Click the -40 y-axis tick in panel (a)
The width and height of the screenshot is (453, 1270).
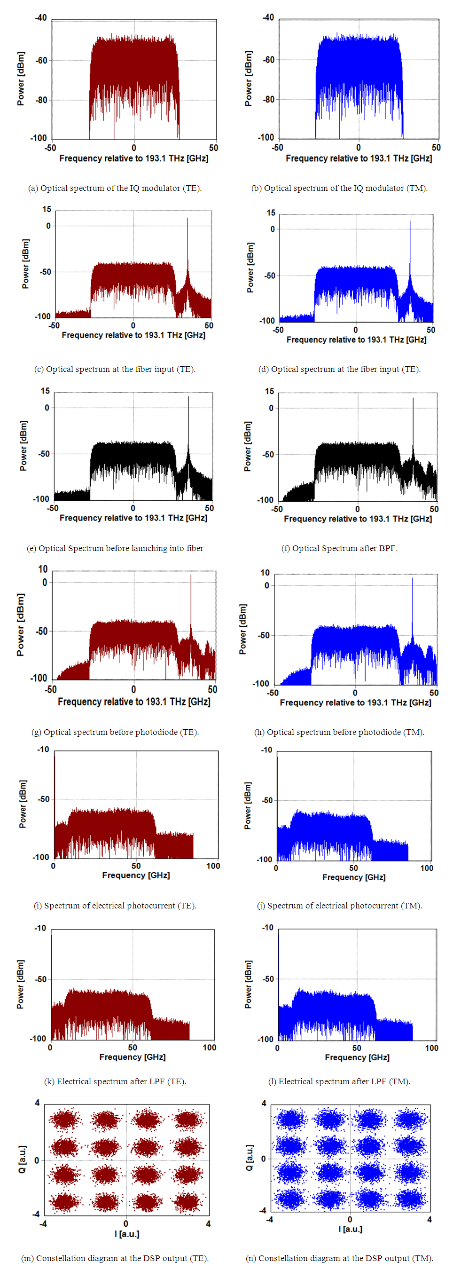coord(40,18)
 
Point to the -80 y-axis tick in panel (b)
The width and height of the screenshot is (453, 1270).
coord(269,100)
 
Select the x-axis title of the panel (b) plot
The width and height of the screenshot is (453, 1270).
coord(359,158)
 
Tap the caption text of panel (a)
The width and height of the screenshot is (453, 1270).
coord(115,188)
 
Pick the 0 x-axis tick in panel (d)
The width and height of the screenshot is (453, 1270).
coord(355,330)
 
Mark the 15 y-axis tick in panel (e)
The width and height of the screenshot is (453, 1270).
coord(46,391)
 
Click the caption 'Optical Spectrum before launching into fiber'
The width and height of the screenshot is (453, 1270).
coord(115,548)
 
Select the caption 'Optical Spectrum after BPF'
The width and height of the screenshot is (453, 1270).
coord(339,548)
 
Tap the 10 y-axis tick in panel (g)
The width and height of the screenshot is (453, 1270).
coord(43,569)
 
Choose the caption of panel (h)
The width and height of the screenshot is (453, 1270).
coord(339,732)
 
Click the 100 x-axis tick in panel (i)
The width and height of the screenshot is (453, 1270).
coord(213,866)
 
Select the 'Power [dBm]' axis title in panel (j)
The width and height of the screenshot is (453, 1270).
coord(248,805)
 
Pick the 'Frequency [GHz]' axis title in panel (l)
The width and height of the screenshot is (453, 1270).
coord(357,1057)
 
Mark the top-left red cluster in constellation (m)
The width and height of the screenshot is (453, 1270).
coord(64,1119)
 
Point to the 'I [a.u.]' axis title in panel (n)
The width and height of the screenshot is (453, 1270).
coord(350,1229)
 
